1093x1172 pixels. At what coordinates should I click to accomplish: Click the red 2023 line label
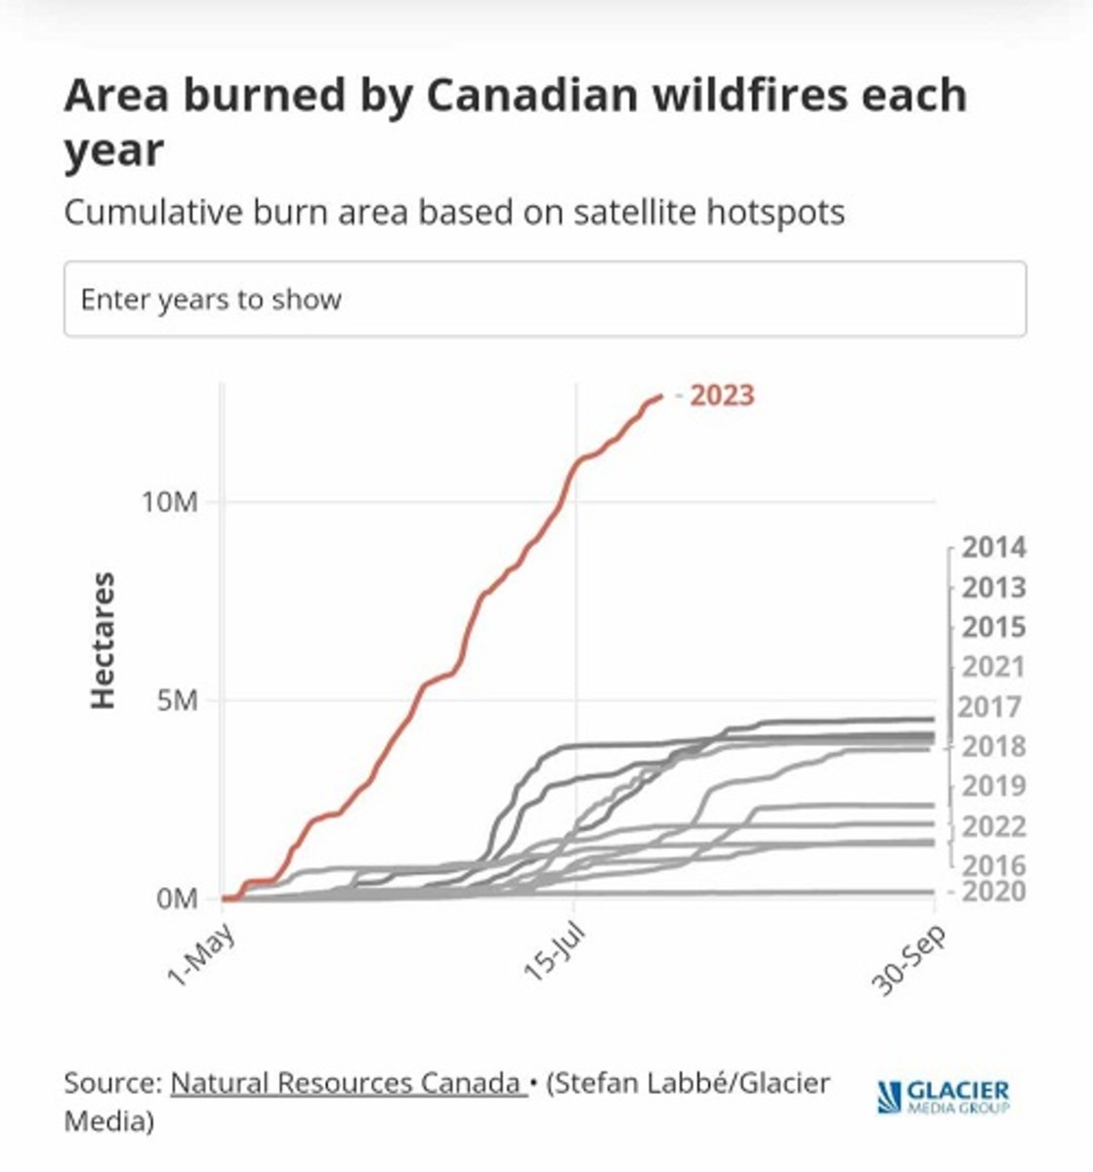(722, 396)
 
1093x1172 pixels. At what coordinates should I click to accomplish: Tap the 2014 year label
(993, 548)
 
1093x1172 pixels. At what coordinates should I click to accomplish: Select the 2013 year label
(993, 588)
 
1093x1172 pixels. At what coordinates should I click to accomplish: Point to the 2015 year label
(993, 627)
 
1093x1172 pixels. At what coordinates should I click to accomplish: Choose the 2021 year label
(993, 667)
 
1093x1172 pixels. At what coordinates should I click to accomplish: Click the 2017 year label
(989, 706)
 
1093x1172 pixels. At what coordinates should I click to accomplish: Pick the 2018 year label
(993, 746)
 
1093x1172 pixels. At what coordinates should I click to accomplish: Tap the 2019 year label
(993, 786)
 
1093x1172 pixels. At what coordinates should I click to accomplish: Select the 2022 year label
(993, 827)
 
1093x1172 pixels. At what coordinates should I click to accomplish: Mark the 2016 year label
(993, 865)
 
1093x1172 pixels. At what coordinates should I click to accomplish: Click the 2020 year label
(993, 892)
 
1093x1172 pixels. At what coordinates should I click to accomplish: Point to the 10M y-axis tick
(170, 503)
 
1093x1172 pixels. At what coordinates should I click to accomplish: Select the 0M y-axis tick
(177, 899)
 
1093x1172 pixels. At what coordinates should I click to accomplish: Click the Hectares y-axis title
(103, 641)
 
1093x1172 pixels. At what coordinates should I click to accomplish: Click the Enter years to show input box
(545, 299)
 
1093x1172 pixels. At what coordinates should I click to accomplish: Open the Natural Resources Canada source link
(347, 1083)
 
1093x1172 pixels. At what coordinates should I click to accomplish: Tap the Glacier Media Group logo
(944, 1096)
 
